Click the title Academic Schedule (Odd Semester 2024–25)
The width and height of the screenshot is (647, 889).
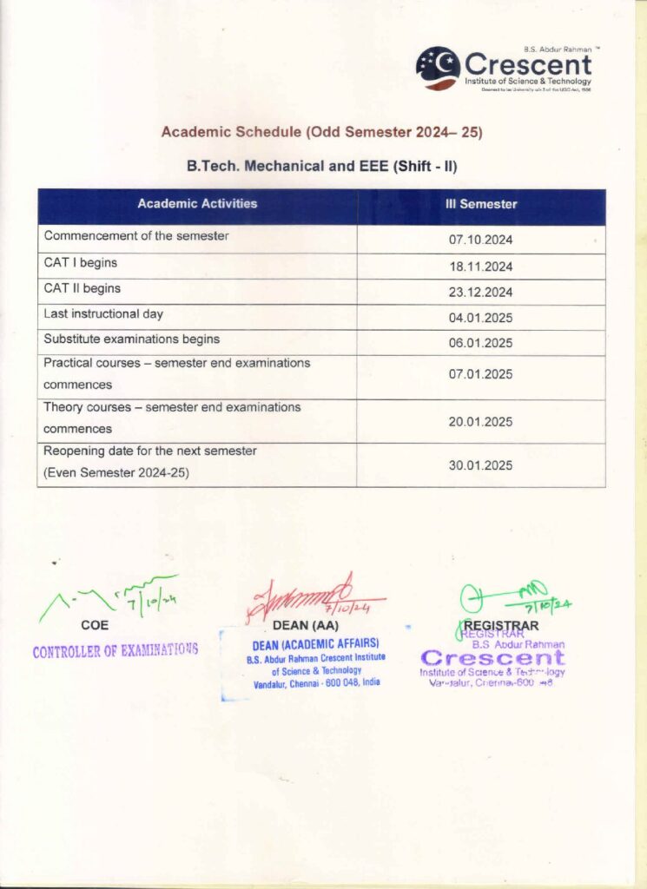(322, 133)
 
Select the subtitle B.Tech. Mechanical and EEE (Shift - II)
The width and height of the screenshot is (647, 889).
(322, 165)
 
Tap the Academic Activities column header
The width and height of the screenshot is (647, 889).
(197, 204)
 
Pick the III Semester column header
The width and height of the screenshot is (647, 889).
(480, 204)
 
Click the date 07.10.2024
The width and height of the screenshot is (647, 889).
(480, 238)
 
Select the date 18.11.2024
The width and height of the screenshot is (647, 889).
(480, 267)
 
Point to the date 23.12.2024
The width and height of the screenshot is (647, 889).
(480, 292)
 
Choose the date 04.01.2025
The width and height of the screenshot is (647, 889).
(480, 318)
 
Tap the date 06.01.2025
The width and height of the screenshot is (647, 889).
(480, 343)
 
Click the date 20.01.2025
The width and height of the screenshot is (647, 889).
(480, 422)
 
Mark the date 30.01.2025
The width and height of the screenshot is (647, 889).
(480, 465)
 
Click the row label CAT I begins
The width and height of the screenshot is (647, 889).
(81, 262)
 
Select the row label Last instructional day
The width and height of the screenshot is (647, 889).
(103, 313)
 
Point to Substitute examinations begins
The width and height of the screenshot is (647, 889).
(131, 339)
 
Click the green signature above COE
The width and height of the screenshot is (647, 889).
(109, 598)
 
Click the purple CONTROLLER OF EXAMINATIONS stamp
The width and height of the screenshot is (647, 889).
(115, 649)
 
